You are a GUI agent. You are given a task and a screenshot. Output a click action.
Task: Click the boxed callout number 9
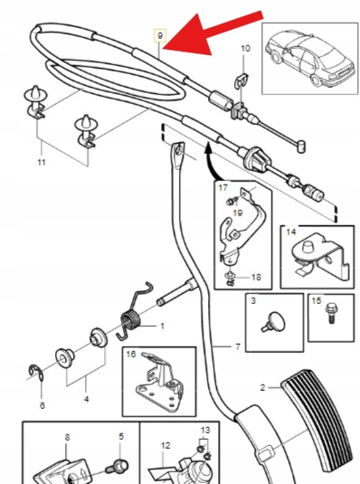(160, 36)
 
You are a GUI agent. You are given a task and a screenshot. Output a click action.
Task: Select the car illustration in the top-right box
(309, 58)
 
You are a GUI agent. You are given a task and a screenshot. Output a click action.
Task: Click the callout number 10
(245, 49)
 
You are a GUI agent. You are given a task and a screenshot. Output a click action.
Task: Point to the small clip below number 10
(242, 81)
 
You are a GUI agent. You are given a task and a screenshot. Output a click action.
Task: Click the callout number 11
(42, 162)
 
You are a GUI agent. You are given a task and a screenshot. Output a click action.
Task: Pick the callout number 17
(223, 187)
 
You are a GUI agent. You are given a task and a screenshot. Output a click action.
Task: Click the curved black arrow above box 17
(212, 160)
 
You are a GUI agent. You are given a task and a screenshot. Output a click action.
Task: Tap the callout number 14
(291, 232)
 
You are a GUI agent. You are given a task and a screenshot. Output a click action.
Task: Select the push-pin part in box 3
(273, 322)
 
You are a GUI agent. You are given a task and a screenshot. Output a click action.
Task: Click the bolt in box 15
(331, 313)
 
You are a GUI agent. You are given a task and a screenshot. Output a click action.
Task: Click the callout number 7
(237, 346)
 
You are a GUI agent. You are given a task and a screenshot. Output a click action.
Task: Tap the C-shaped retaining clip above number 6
(36, 373)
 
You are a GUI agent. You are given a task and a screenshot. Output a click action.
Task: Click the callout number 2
(262, 387)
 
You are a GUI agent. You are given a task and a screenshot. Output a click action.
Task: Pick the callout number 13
(205, 430)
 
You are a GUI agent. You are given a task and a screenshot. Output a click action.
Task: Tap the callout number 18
(256, 277)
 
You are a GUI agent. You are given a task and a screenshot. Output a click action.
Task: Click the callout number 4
(87, 399)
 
